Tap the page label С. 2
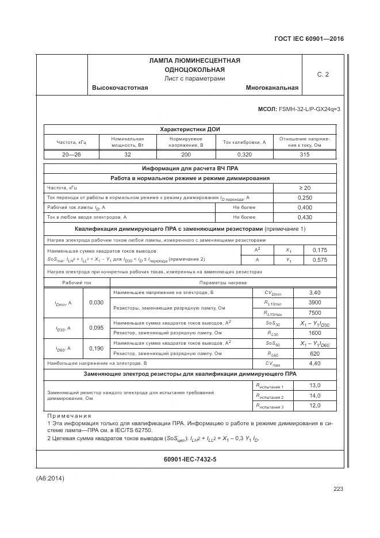(323, 74)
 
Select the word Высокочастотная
(120, 88)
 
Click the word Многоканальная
(272, 88)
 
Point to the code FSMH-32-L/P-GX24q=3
(309, 109)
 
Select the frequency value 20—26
(71, 155)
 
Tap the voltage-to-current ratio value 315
(305, 155)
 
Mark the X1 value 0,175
(318, 250)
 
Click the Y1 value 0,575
(318, 260)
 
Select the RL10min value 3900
(314, 303)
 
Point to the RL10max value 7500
(314, 312)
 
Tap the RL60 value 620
(314, 353)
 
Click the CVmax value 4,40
(314, 364)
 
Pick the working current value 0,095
(98, 328)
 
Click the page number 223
(337, 489)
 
